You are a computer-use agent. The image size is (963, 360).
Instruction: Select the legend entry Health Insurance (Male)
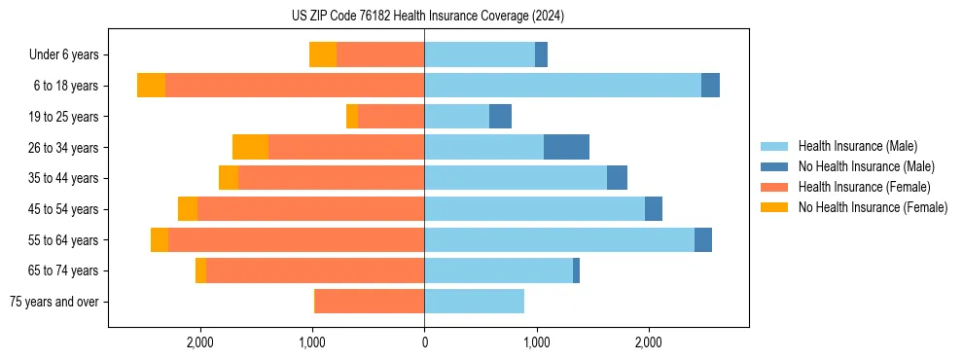coord(857,146)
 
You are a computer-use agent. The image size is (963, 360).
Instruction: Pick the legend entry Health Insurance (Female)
coord(864,187)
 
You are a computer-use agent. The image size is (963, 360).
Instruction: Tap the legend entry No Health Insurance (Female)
coord(873,207)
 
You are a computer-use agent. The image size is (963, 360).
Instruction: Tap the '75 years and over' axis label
coord(54,302)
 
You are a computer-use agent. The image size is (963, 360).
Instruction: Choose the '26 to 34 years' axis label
coord(63,148)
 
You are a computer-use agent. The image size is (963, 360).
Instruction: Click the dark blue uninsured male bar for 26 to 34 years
coord(566,147)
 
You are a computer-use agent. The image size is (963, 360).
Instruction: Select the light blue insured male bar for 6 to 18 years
coord(562,86)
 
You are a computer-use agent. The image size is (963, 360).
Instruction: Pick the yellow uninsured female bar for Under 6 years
coord(323,54)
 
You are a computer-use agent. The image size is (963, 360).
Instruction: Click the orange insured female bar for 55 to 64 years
coord(296,239)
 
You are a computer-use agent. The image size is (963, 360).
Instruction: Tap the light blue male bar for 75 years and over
coord(474,302)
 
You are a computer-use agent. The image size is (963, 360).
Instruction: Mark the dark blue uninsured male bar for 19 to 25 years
coord(500,117)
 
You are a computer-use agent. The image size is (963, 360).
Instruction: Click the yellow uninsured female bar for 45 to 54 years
coord(188,209)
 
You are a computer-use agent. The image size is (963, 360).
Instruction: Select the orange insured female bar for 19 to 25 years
coord(391,117)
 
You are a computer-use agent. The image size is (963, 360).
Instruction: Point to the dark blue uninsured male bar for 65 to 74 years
coord(576,270)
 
